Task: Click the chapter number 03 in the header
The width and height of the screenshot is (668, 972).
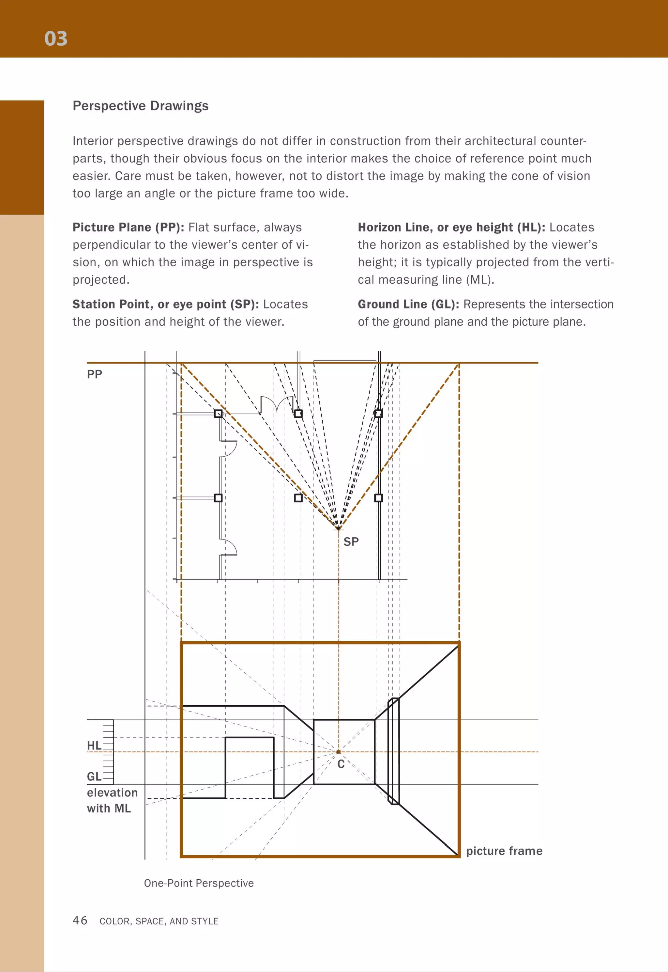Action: [x=56, y=39]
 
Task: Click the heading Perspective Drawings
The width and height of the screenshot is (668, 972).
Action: [x=140, y=106]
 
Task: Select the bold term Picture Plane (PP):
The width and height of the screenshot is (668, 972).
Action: [x=128, y=227]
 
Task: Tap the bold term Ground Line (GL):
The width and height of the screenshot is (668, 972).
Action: [x=408, y=305]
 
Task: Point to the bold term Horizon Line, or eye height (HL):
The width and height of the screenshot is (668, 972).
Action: [x=451, y=227]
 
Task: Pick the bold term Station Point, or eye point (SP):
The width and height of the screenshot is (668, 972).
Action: [x=166, y=305]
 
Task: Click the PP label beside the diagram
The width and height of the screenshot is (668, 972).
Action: [x=95, y=374]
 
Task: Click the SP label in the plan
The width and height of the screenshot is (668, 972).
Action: [x=351, y=542]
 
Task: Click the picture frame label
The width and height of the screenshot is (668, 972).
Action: [x=504, y=851]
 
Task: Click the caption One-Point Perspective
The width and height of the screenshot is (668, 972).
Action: [x=199, y=883]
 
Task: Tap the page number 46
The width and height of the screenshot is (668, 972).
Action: [x=80, y=920]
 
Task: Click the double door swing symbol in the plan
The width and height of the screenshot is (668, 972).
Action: [x=276, y=404]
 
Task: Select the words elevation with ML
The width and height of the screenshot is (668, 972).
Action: [x=112, y=800]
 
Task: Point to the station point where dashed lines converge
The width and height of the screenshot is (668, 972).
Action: [x=338, y=528]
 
